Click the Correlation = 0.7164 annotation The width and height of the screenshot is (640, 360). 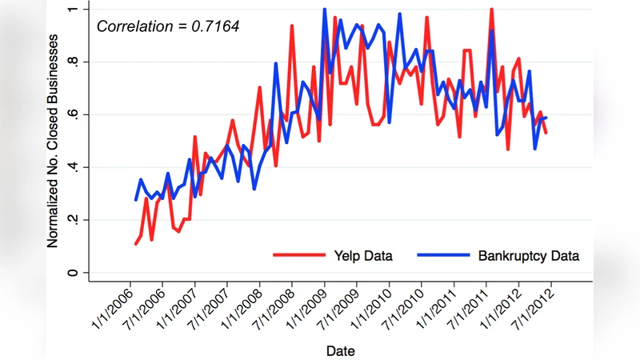tap(167, 26)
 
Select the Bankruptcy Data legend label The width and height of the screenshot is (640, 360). tap(528, 256)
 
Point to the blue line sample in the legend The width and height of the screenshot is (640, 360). tap(442, 256)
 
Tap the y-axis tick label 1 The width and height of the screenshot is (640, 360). tap(74, 9)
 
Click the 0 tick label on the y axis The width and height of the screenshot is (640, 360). tap(74, 273)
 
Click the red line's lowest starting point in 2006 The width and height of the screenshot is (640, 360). tap(136, 243)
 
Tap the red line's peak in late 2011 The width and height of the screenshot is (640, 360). tap(491, 10)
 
